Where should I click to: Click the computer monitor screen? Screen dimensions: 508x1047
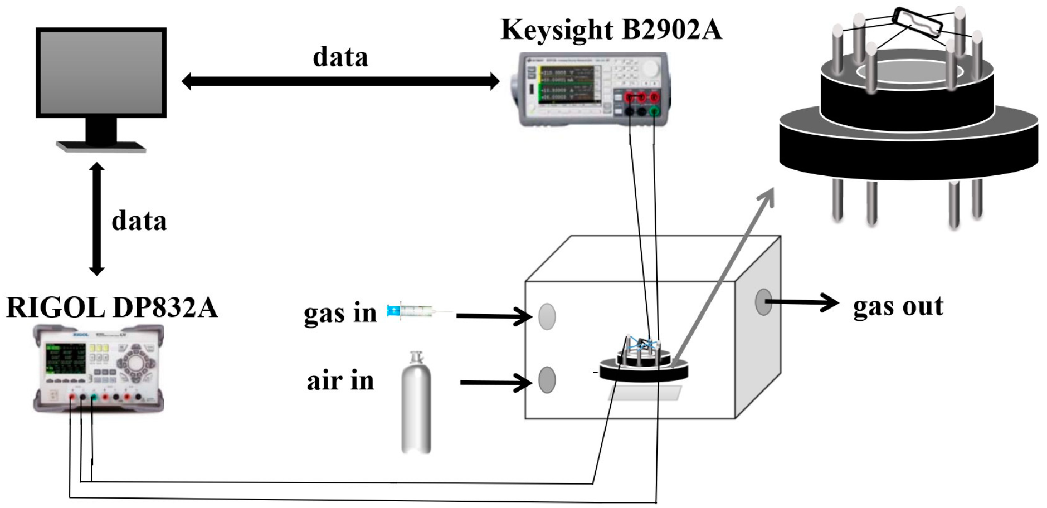(x=101, y=71)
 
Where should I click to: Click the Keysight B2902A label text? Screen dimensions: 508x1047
(x=611, y=30)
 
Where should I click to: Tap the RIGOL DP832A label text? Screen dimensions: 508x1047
(x=111, y=307)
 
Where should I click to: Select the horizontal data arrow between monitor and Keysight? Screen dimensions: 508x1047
(x=340, y=81)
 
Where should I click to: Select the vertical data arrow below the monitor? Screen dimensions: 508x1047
(x=97, y=218)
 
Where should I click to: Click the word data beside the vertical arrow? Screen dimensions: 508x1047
(x=139, y=221)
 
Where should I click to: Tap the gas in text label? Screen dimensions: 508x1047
(x=340, y=313)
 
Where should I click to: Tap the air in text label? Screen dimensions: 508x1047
(x=340, y=381)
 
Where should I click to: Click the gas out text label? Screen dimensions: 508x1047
(x=898, y=306)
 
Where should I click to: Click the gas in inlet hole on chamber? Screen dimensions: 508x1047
(x=547, y=316)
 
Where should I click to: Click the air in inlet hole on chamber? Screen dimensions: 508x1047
(x=547, y=380)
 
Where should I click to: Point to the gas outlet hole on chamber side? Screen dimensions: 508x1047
(x=763, y=302)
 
